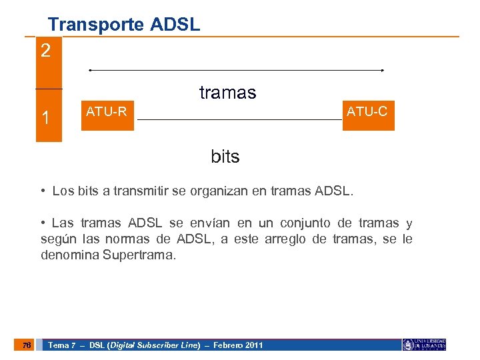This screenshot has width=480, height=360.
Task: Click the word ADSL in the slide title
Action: click(175, 25)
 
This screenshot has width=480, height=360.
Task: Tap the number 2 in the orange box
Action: click(45, 51)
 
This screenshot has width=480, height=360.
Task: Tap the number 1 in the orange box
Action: click(45, 118)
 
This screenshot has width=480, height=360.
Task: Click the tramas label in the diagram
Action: click(227, 93)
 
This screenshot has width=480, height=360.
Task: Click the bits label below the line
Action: click(225, 157)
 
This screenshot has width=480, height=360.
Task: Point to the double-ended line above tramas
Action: click(236, 70)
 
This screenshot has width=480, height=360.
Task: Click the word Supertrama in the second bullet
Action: click(140, 255)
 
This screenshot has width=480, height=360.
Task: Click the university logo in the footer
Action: click(423, 345)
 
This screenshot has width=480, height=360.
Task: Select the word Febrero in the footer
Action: click(224, 345)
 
